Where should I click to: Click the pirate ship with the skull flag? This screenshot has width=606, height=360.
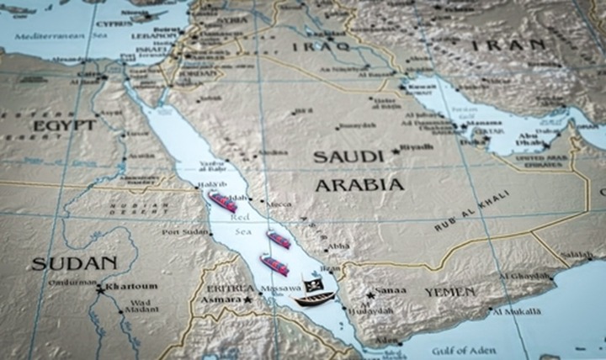(313, 293)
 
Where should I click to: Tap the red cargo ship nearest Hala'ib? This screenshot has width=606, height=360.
(223, 201)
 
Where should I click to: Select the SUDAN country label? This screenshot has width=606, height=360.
(74, 263)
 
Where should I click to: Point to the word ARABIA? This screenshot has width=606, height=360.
(359, 183)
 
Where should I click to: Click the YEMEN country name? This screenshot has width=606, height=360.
(449, 292)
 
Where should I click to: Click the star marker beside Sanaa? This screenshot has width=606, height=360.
(370, 295)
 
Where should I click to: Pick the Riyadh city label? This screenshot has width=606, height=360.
(417, 148)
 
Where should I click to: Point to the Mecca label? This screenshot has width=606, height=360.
(280, 204)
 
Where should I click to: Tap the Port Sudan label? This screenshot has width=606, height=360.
(186, 232)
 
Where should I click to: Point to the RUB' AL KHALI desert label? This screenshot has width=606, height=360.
(473, 210)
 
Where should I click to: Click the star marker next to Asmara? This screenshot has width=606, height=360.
(248, 299)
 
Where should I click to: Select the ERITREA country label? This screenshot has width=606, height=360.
(226, 287)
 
